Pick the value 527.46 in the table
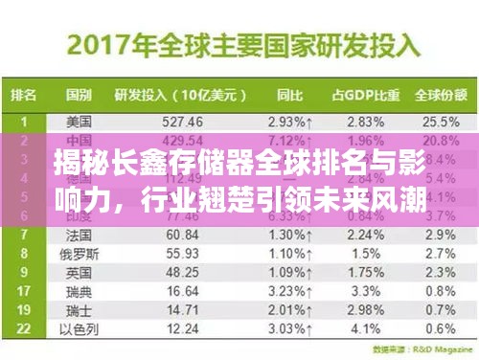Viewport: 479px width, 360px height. (183, 122)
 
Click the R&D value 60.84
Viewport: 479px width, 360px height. (182, 235)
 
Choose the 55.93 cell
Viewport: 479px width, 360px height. (182, 253)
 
